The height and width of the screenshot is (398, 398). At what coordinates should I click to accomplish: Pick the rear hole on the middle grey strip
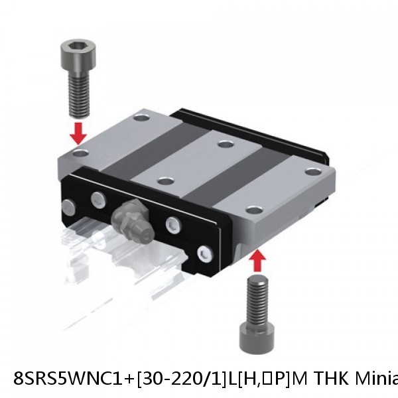(x=226, y=144)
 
